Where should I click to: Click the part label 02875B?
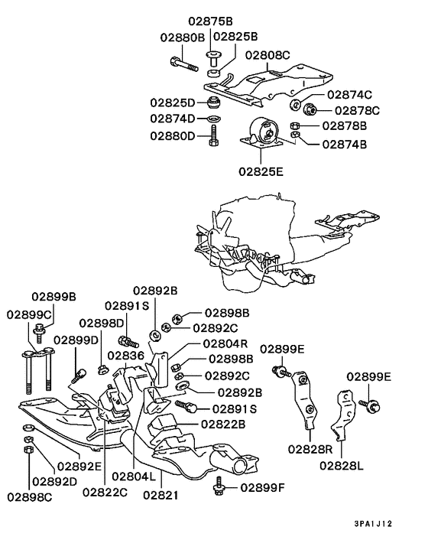click(210, 21)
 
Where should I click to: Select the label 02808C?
click(267, 55)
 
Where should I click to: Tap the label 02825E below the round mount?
click(261, 171)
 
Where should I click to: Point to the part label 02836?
click(125, 355)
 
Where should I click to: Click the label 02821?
click(161, 495)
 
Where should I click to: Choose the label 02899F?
click(262, 488)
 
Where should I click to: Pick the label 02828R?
click(310, 449)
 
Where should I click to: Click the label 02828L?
click(342, 466)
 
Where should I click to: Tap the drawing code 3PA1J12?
click(373, 524)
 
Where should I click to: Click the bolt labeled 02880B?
click(184, 64)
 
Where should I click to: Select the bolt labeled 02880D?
click(213, 135)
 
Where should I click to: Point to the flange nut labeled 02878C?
click(310, 109)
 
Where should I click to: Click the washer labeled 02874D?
click(214, 119)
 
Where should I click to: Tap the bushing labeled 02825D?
click(214, 102)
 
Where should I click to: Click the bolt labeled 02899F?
click(219, 486)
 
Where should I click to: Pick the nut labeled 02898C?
click(28, 449)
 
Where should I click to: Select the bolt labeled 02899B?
click(38, 333)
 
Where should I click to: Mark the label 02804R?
click(225, 343)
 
